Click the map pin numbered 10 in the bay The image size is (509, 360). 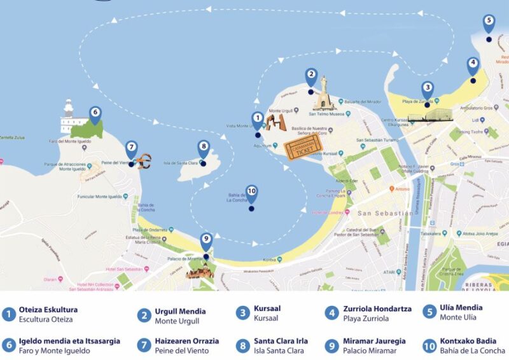(x=251, y=193)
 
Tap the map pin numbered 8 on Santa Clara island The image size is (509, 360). (x=203, y=148)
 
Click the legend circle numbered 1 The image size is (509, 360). (x=8, y=314)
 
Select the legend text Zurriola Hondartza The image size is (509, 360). (x=377, y=308)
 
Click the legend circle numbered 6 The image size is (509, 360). (x=8, y=346)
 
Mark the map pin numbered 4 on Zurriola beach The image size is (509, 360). (x=472, y=66)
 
